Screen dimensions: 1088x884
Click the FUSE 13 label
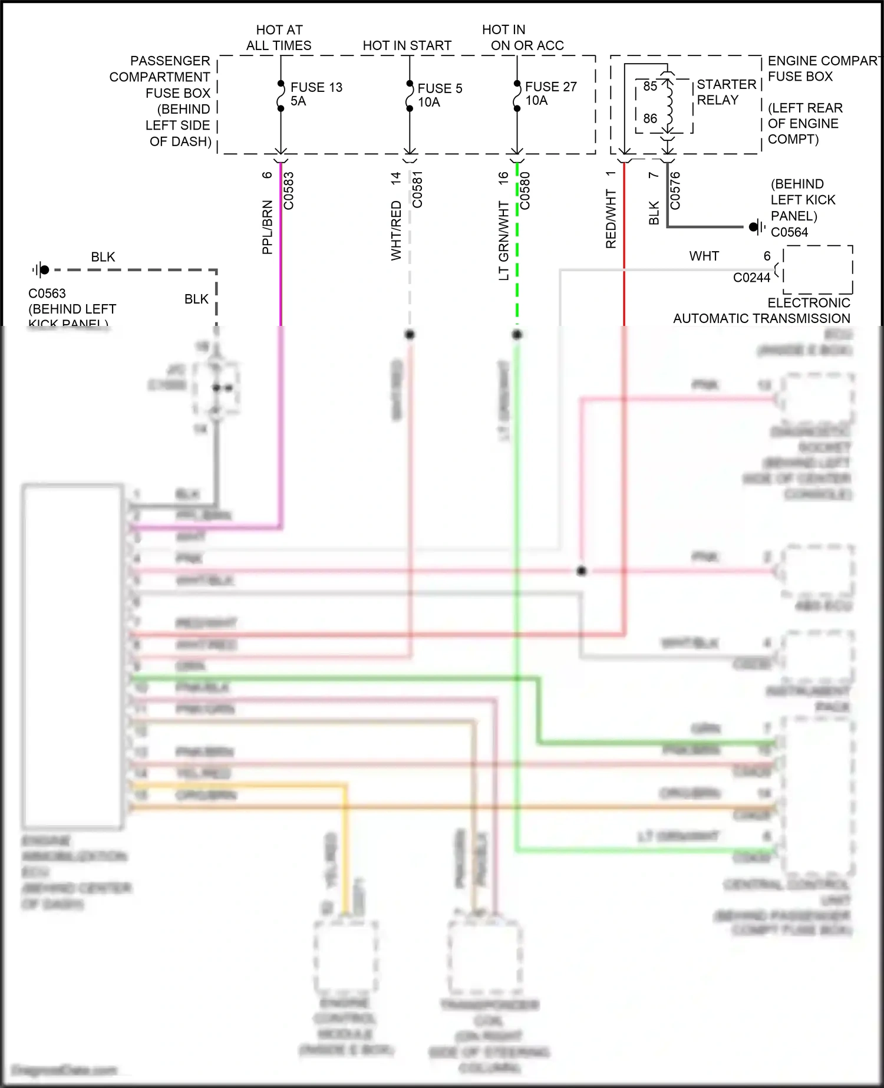coord(316,87)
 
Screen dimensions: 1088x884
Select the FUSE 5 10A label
coord(440,95)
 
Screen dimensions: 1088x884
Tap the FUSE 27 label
coord(550,87)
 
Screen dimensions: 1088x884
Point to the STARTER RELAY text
coord(726,92)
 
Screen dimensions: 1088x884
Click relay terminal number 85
coord(650,87)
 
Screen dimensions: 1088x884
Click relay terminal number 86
coord(650,118)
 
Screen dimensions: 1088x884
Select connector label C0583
coord(289,190)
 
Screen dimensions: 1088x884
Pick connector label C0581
coord(417,189)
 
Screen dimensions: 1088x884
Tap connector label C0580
coord(525,190)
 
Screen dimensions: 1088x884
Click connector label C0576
coord(675,190)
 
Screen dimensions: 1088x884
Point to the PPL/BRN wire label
coord(267,227)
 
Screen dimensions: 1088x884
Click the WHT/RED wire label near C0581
coord(396,230)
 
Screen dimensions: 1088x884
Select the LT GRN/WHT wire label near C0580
coord(503,240)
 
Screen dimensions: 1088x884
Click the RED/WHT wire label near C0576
coord(611,219)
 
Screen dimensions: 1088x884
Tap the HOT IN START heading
coord(407,45)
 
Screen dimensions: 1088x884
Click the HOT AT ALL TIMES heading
coord(279,37)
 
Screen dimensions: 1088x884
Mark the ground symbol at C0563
coord(41,270)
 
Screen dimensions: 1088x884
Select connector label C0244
coord(751,278)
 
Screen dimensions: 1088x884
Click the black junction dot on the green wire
coord(517,335)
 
